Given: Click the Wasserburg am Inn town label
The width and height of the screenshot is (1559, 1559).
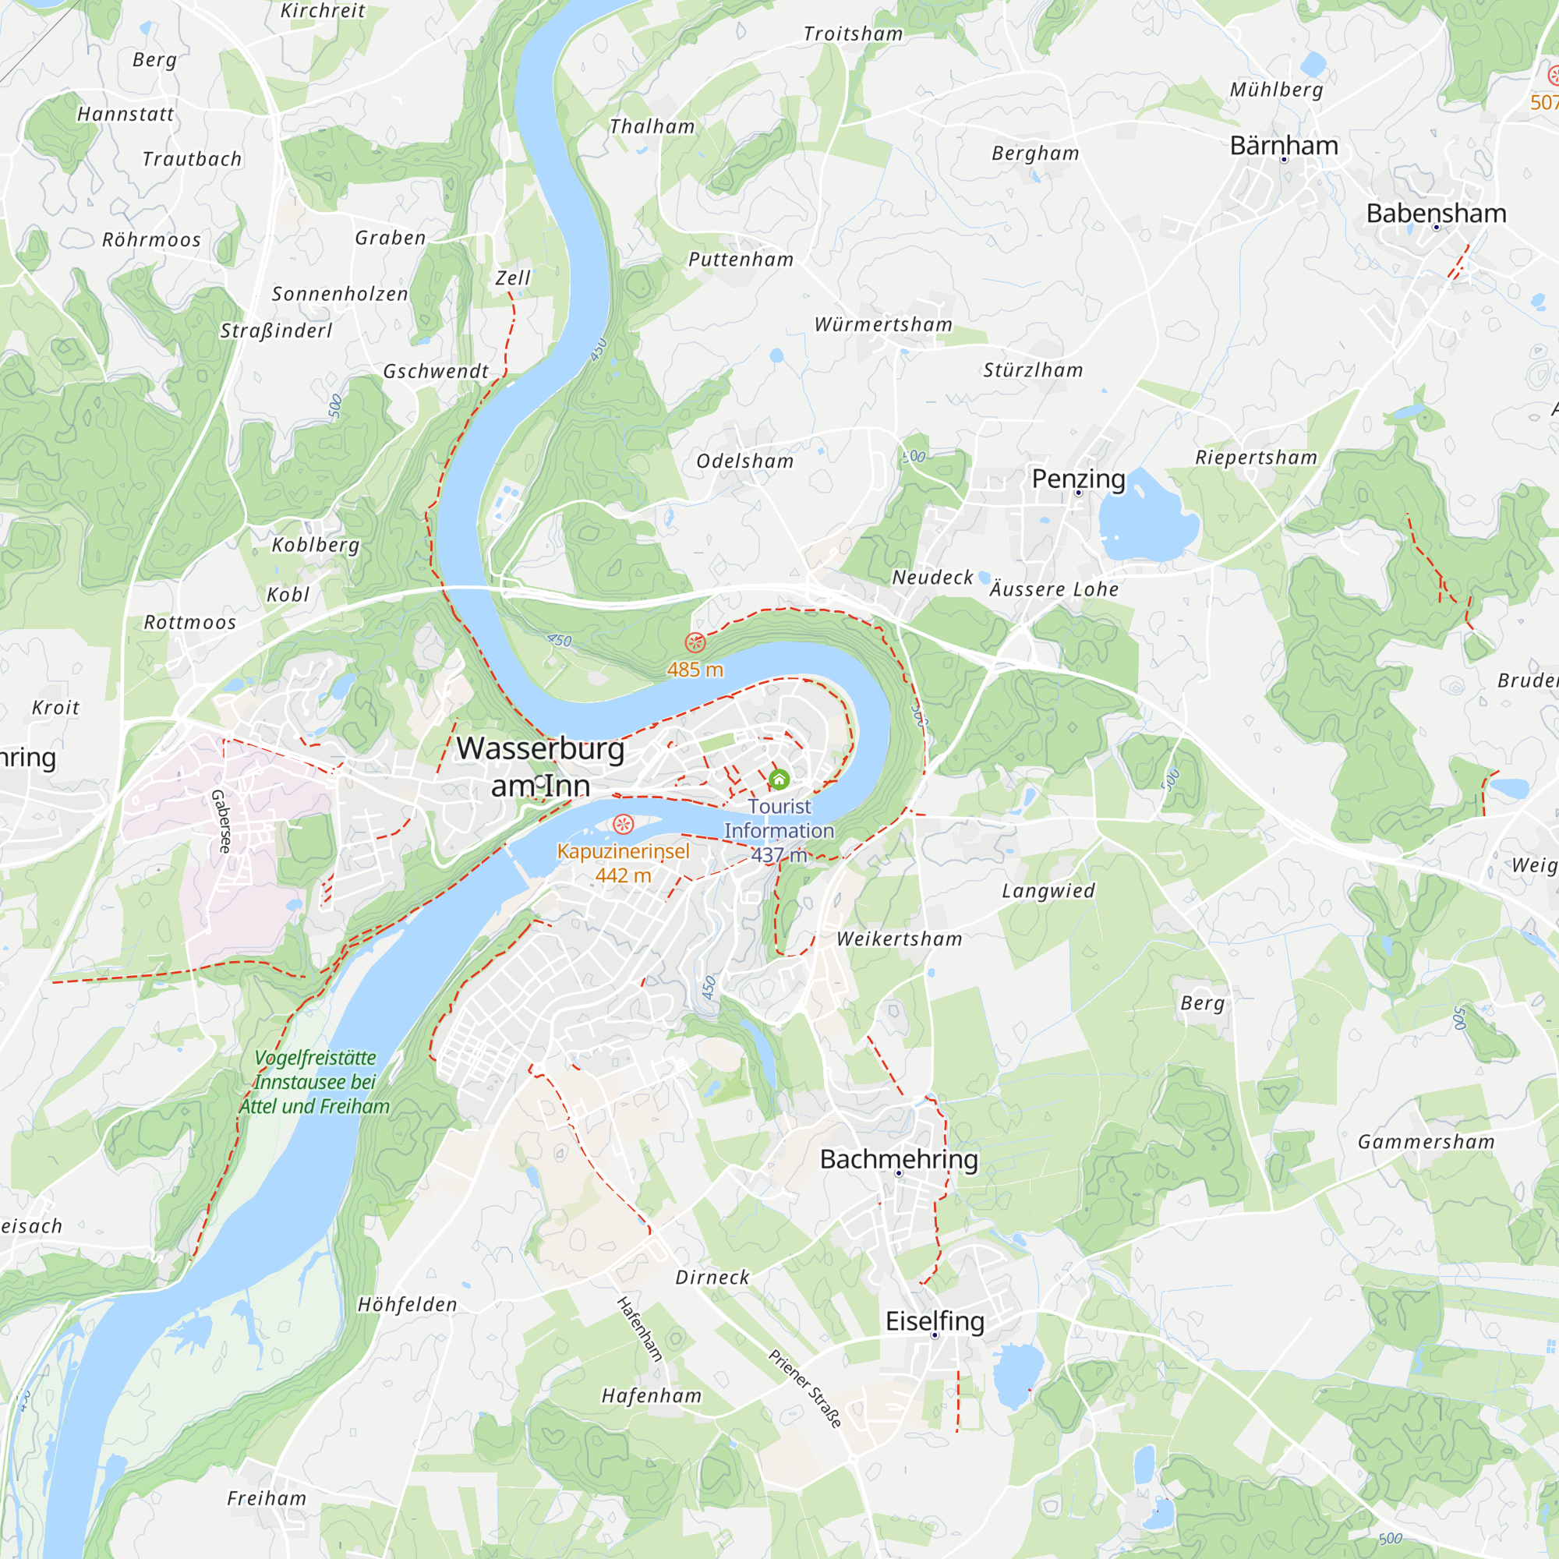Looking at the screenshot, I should [541, 766].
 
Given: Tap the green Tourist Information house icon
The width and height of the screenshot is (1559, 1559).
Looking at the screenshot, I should [779, 779].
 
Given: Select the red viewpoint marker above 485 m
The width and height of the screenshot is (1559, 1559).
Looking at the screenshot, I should [695, 642].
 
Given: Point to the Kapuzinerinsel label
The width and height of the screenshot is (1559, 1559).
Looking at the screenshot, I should [623, 851].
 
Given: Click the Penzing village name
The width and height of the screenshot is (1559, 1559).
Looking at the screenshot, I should [1078, 479].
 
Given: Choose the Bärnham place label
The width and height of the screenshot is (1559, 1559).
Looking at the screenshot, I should [1284, 145].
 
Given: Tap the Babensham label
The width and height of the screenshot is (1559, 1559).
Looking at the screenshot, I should [1437, 213].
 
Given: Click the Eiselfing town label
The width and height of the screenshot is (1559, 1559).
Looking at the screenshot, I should [935, 1321].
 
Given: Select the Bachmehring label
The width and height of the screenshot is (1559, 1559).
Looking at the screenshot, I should [899, 1159].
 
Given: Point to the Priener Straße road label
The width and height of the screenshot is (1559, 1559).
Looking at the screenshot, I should [804, 1388].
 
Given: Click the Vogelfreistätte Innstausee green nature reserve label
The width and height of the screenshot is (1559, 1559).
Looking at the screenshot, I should [315, 1082].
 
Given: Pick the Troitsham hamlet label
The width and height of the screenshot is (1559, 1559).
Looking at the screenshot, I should [853, 34].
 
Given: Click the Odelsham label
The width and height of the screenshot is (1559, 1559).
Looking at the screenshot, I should [744, 461].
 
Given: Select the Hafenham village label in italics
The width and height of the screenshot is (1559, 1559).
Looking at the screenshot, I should [651, 1395].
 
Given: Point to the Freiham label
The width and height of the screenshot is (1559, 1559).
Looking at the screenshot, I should [267, 1498].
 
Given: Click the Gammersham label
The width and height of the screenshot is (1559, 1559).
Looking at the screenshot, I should [1426, 1142].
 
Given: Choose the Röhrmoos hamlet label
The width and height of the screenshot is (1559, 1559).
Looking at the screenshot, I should [151, 239].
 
